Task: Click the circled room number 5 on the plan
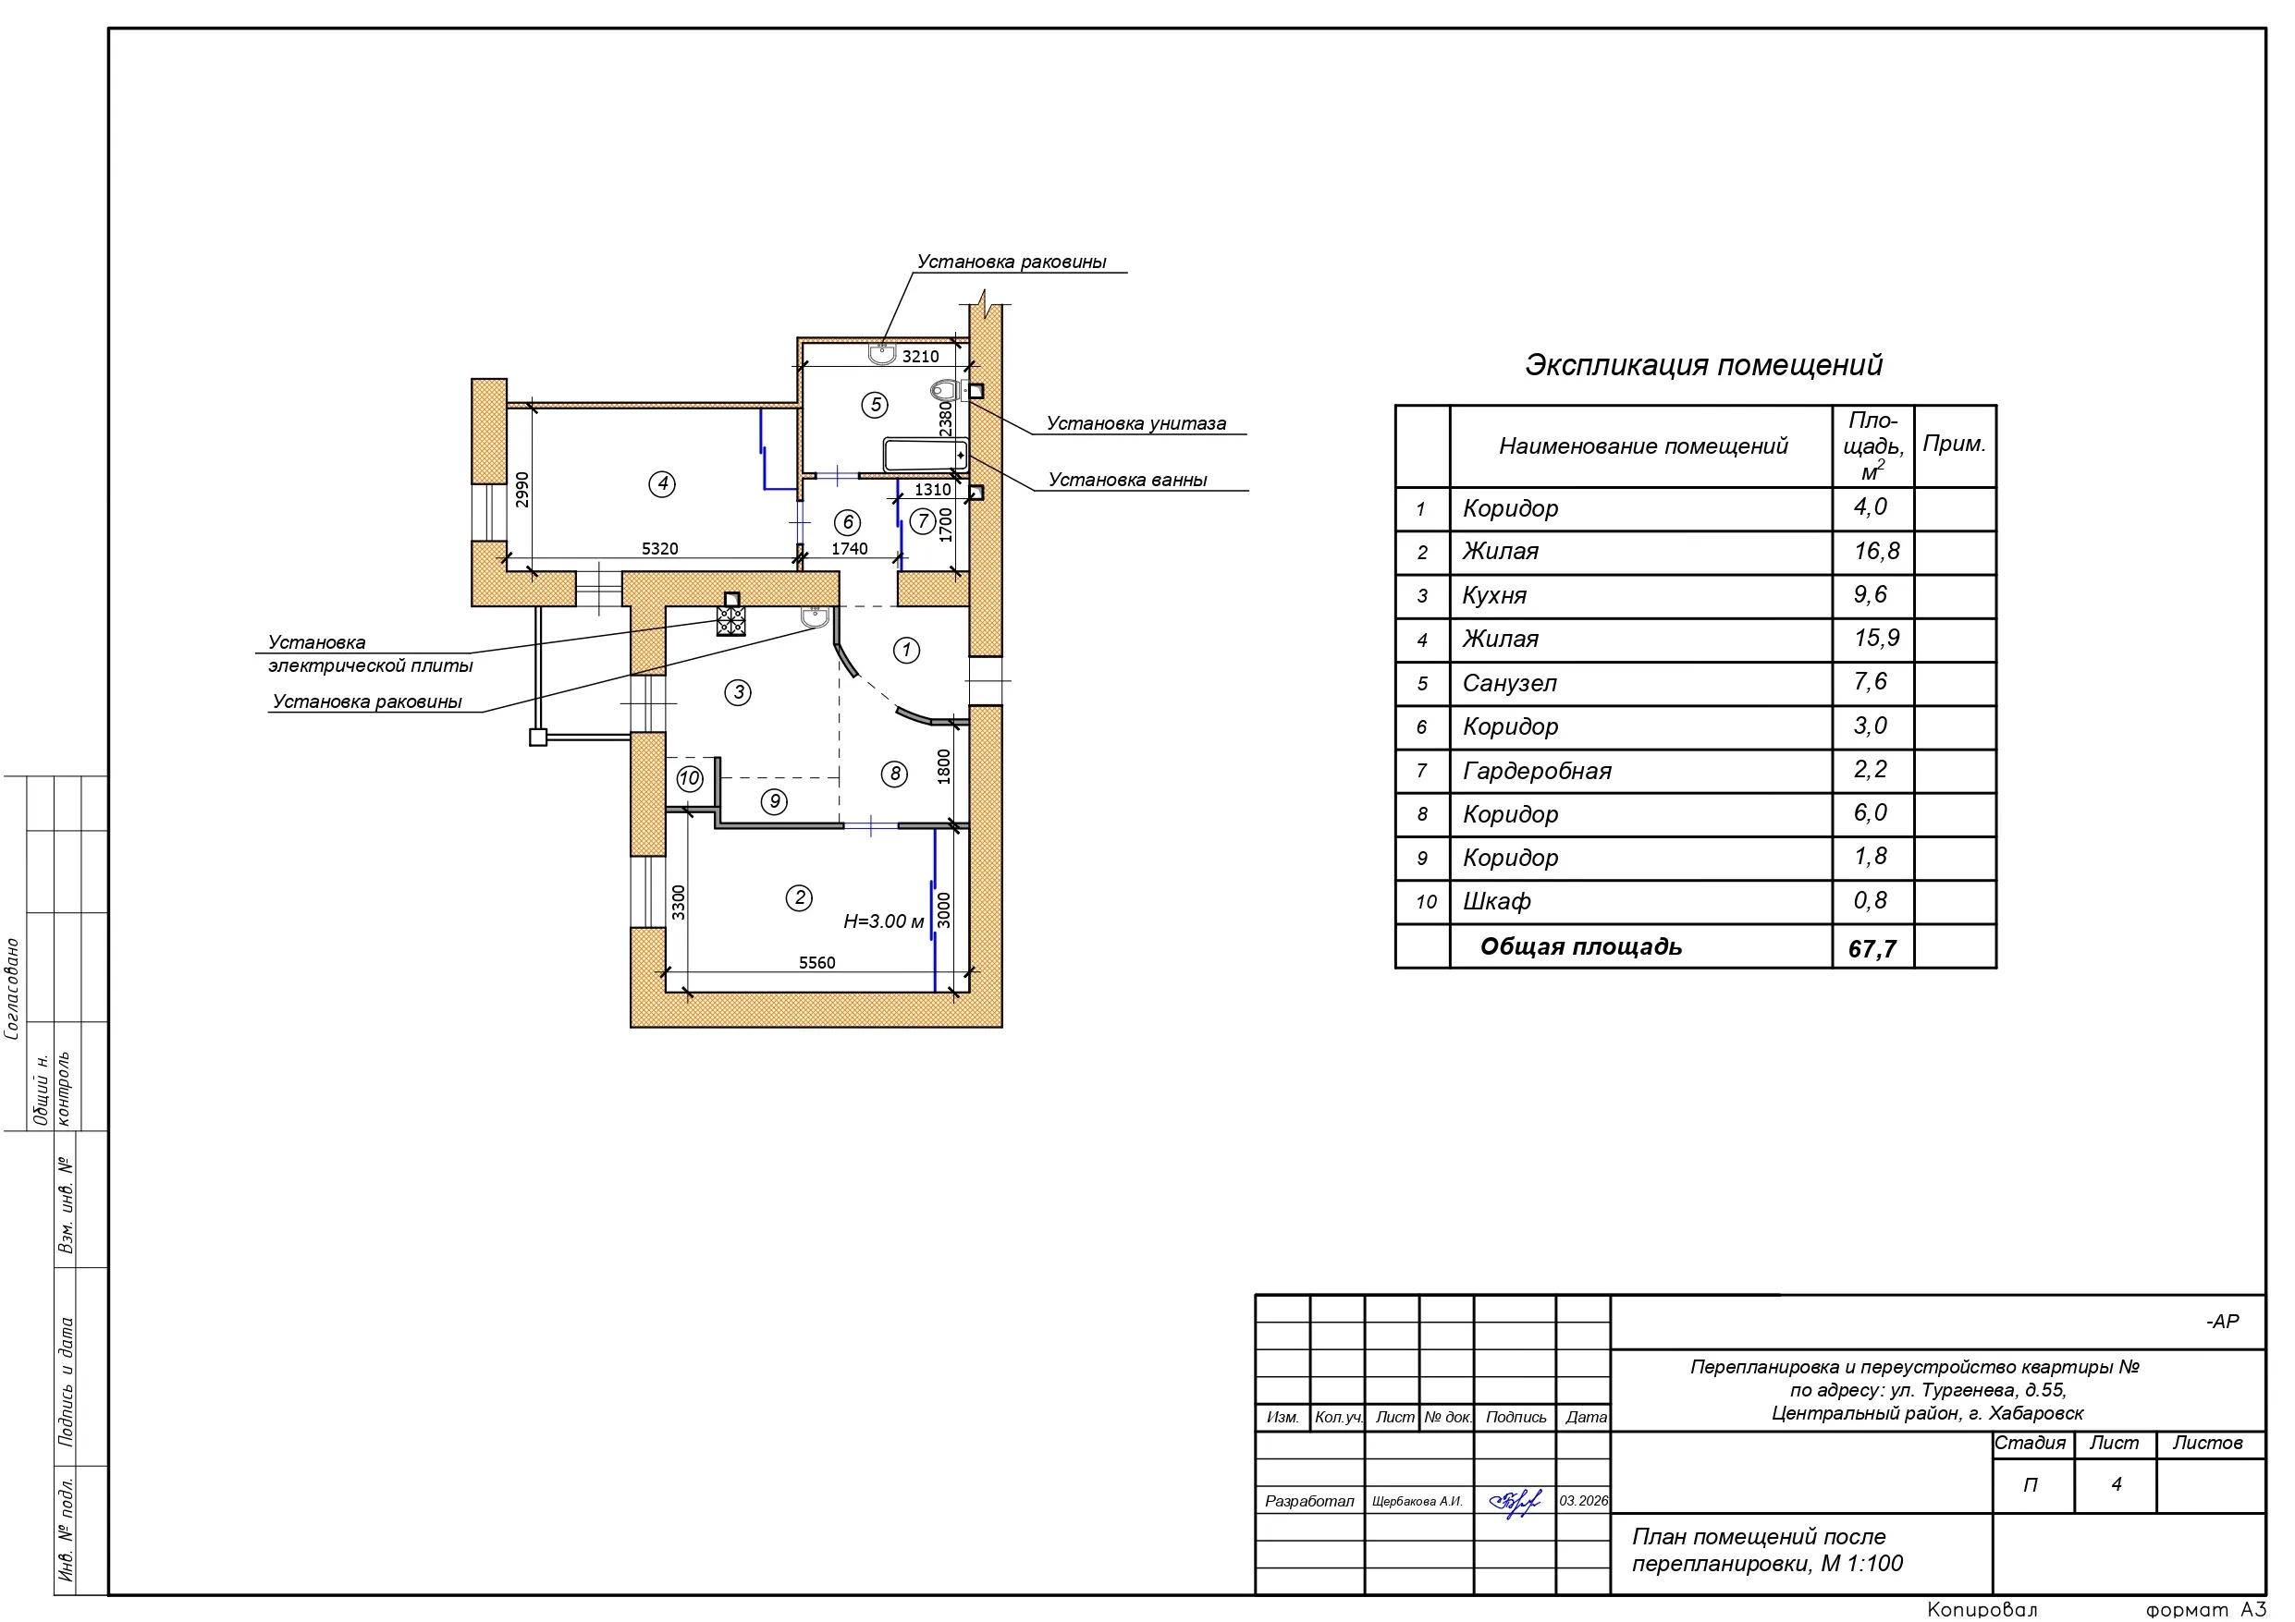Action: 875,405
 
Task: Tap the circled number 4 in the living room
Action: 662,483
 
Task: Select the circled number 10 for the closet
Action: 690,778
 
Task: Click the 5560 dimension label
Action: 816,962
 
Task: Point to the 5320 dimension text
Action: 659,549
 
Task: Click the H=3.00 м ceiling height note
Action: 884,921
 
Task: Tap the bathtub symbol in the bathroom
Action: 926,455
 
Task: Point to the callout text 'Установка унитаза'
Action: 1135,423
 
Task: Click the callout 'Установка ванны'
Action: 1127,480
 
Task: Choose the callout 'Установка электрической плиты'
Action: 370,653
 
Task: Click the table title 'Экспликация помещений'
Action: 1703,365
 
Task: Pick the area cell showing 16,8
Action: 1876,552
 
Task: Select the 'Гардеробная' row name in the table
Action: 1537,772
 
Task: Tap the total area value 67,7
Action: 1872,948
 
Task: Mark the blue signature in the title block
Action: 1515,1502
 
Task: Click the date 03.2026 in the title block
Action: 1583,1501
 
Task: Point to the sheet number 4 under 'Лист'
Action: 2115,1485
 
